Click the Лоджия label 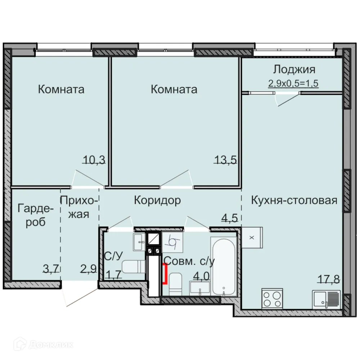tap(294, 69)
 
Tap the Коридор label tap(157, 200)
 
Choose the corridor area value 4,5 tap(230, 218)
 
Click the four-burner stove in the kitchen tap(273, 298)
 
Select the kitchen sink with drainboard tap(326, 299)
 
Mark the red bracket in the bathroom tap(165, 274)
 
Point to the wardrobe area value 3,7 tap(51, 268)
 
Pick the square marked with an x tap(252, 238)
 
